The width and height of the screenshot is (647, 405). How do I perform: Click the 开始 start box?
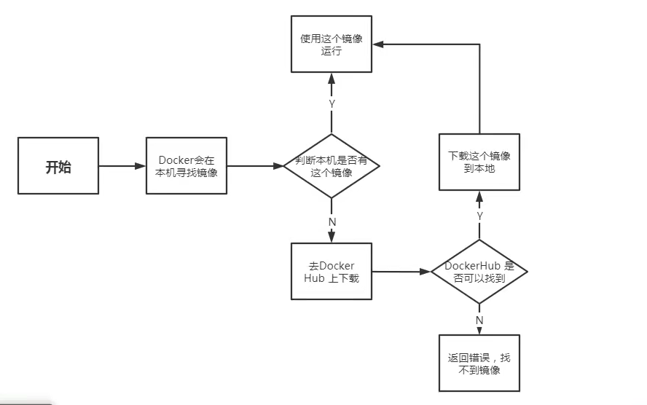(x=58, y=166)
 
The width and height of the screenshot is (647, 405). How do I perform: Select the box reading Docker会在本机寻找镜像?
(x=187, y=166)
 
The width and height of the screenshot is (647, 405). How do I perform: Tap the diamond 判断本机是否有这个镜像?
(x=332, y=166)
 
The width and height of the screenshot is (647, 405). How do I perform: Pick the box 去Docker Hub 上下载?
(x=332, y=271)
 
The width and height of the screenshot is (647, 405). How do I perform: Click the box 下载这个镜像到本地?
(x=479, y=162)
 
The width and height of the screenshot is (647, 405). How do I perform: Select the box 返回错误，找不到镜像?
(x=479, y=363)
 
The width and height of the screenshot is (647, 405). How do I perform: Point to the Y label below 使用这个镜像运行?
(x=332, y=104)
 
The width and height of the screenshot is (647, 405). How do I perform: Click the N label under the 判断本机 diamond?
(x=332, y=221)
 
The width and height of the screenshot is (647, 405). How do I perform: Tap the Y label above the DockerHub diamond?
(x=479, y=216)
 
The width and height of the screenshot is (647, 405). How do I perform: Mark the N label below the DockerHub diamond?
(x=479, y=321)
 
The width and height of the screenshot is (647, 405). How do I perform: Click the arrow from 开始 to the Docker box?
(x=122, y=166)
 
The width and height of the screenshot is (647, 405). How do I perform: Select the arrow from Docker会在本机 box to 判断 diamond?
(x=255, y=166)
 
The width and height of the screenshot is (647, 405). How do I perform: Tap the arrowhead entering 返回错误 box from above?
(x=479, y=331)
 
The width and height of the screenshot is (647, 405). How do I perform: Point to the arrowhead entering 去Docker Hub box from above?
(x=332, y=237)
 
